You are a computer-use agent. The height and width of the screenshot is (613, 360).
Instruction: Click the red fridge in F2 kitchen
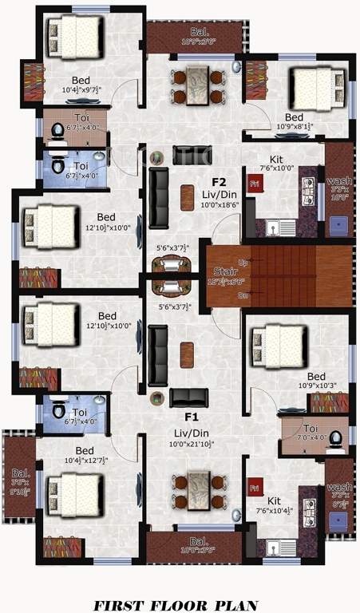pyautogui.click(x=255, y=184)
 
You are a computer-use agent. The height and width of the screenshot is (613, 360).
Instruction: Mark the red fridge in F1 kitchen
pyautogui.click(x=255, y=486)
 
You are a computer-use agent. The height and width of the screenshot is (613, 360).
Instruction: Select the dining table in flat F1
pyautogui.click(x=193, y=492)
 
